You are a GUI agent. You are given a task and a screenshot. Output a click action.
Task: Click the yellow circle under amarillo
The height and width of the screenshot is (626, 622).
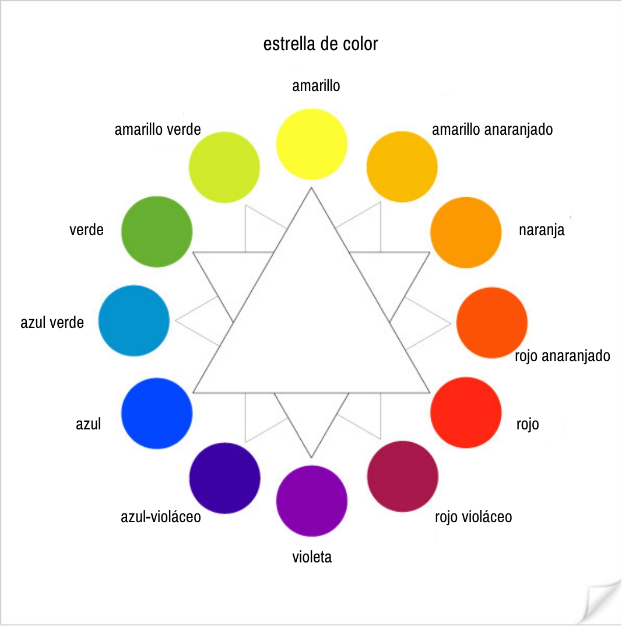coord(312,144)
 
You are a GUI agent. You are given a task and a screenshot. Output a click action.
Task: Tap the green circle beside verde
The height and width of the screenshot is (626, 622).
coord(157,232)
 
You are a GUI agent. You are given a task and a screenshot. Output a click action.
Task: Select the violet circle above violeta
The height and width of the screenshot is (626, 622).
coord(312,501)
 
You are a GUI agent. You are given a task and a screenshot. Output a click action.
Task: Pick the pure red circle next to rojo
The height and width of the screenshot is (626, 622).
coord(466,412)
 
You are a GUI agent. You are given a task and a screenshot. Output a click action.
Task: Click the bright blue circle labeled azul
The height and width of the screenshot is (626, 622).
coord(157,413)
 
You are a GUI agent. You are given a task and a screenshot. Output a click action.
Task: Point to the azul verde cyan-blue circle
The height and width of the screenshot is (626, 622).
coord(134,321)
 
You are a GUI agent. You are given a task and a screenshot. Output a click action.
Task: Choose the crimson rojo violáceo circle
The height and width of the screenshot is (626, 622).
coord(403,476)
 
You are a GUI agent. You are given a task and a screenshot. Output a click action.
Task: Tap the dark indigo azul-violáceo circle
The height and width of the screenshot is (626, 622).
coord(224,478)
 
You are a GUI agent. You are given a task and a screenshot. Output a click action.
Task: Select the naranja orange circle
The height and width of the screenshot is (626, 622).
coord(466,232)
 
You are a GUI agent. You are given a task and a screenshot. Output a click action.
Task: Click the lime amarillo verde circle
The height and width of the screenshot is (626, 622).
coord(224,167)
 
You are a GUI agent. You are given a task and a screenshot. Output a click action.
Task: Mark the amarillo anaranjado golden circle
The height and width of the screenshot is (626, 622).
coord(402,167)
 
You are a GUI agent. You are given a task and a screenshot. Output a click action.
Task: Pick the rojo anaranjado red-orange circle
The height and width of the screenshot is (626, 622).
coord(492,323)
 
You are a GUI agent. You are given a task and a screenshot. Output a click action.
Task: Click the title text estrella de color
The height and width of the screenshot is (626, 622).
coord(321,44)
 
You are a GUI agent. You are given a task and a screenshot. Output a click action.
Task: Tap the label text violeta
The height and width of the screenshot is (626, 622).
coord(312,557)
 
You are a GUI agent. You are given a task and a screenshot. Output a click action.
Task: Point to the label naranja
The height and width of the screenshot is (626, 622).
coord(542,230)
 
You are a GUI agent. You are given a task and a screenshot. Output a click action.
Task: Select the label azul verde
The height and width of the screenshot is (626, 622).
coord(52,323)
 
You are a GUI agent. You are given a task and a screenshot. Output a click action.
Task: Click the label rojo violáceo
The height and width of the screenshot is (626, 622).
coord(473,517)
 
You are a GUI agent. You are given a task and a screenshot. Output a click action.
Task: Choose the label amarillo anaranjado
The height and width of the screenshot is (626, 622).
coord(493,130)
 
